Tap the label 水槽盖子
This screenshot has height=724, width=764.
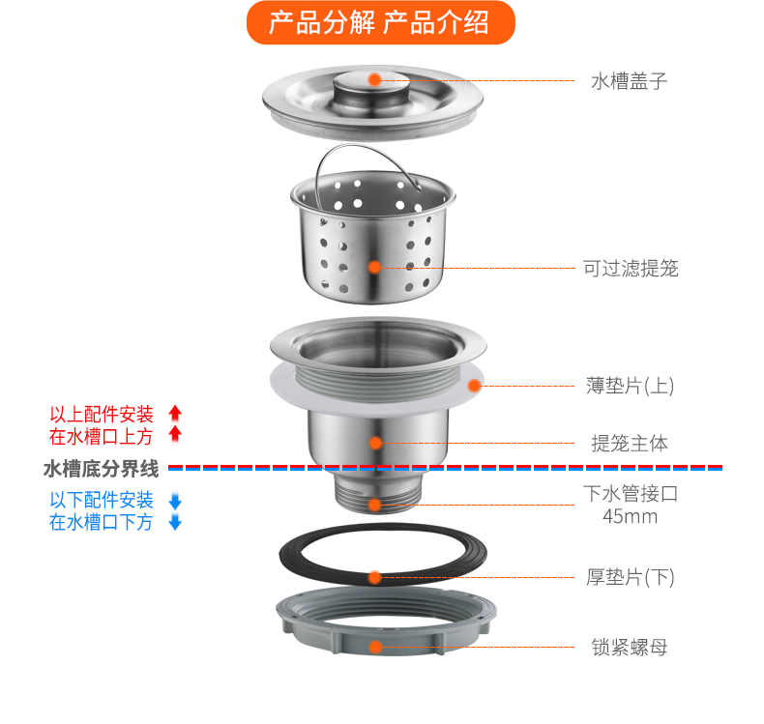629,81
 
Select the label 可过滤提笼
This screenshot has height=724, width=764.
630,268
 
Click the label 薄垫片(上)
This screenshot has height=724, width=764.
630,386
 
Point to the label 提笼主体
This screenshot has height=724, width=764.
630,444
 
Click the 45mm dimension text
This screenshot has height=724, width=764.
630,516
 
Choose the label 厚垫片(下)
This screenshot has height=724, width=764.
630,578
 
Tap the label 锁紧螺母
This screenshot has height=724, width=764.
630,647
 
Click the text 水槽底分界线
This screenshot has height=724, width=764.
102,469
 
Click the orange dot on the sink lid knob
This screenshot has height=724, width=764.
374,79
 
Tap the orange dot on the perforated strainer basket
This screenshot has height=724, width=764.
375,267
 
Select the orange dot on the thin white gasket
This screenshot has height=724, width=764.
475,385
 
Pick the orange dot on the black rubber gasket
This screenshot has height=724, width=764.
375,577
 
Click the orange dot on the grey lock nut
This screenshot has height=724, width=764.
375,647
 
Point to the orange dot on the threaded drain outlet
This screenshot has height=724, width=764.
375,504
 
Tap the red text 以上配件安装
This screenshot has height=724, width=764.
102,414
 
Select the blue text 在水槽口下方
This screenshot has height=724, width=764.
102,523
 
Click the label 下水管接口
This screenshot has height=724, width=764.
630,493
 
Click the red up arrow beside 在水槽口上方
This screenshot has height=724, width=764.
175,435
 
